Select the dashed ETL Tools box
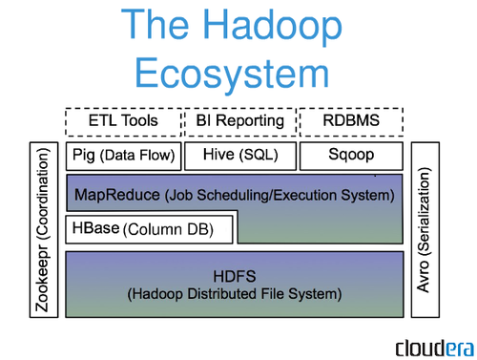click(x=123, y=122)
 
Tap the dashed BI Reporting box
click(x=238, y=122)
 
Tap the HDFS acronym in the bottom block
click(x=235, y=275)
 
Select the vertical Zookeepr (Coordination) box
click(x=39, y=230)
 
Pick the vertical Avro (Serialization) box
click(x=425, y=230)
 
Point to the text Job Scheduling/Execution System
click(x=279, y=196)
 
